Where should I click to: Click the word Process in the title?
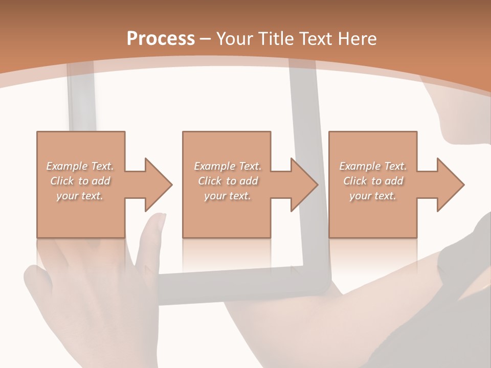[x=161, y=39]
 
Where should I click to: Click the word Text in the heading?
[x=316, y=39]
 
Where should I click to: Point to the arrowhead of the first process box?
[x=159, y=185]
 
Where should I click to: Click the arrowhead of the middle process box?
[x=305, y=185]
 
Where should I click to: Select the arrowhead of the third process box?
[x=451, y=185]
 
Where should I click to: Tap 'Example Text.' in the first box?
[x=80, y=166]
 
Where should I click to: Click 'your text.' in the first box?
[x=80, y=196]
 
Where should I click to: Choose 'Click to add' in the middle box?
[x=228, y=181]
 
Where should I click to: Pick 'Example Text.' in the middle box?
[x=228, y=166]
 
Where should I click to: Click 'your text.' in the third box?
[x=373, y=196]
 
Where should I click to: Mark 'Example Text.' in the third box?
[x=373, y=166]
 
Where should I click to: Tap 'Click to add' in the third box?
[x=373, y=181]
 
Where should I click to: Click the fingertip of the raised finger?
[x=160, y=219]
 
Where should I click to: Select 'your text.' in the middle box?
[x=228, y=196]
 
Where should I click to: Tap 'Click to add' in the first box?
[x=80, y=181]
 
